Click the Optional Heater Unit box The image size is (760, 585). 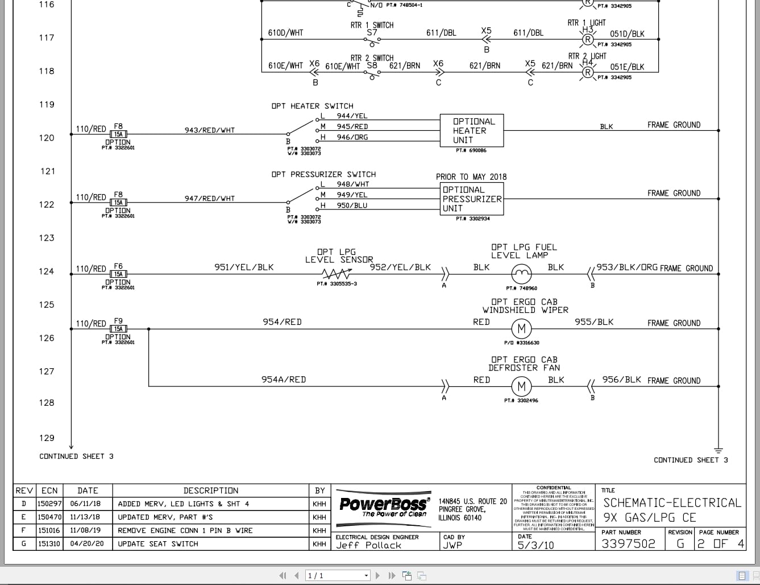click(471, 130)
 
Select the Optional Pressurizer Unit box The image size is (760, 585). click(471, 199)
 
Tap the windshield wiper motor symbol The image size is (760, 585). click(521, 329)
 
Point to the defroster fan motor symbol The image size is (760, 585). click(521, 387)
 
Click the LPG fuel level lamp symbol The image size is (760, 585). click(521, 275)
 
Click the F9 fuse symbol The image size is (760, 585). click(118, 329)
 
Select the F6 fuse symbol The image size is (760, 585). click(118, 274)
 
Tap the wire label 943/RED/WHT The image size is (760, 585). click(209, 130)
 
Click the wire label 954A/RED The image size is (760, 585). click(284, 380)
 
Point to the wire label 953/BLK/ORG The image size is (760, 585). click(626, 267)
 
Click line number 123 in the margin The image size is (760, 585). click(47, 238)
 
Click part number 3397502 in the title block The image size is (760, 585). click(628, 544)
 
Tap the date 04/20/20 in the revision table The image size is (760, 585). click(87, 544)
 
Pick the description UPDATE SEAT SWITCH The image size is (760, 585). click(158, 544)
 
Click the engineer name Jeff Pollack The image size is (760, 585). click(368, 545)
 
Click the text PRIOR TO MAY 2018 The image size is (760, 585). click(471, 177)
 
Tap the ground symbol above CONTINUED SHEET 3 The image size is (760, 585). click(718, 450)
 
